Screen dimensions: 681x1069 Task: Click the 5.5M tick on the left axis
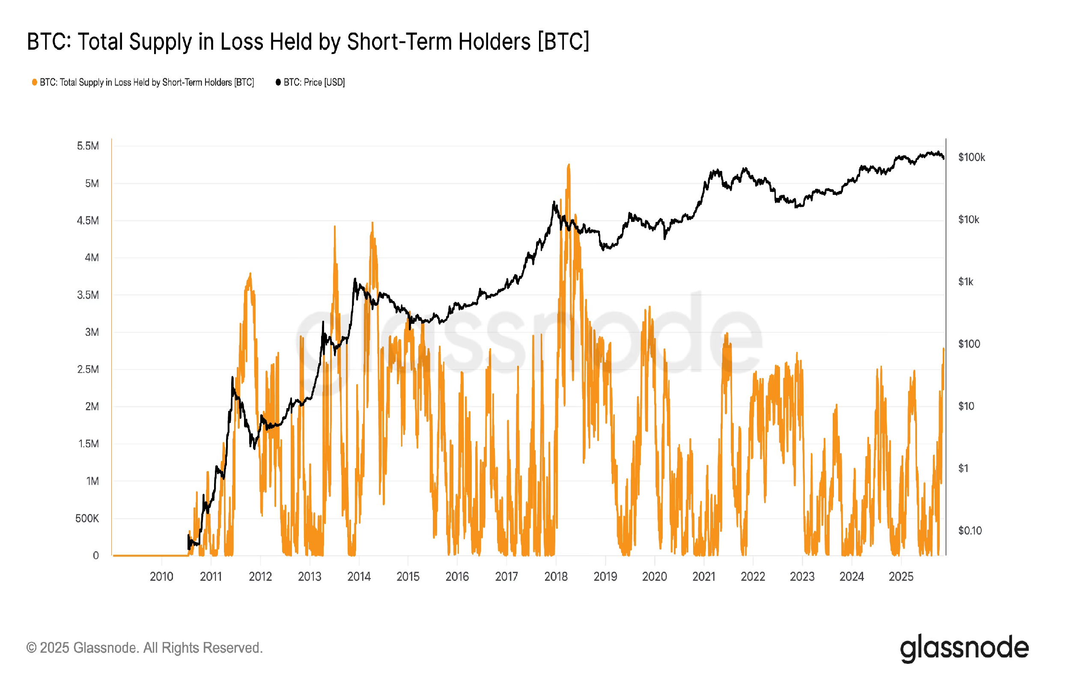tap(87, 146)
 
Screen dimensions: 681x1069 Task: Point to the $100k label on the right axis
tap(971, 157)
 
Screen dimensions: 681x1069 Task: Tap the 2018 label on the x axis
tap(556, 576)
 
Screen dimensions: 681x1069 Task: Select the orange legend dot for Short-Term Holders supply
tap(34, 82)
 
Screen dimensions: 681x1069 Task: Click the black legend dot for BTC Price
tap(278, 82)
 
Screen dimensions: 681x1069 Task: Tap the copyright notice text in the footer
tap(145, 648)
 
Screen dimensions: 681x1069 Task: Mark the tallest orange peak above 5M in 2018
tap(569, 165)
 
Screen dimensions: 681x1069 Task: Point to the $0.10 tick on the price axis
tap(970, 530)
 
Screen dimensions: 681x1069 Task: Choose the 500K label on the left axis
tap(87, 518)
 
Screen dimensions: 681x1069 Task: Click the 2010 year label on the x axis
tap(161, 576)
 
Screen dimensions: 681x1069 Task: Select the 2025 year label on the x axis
tap(901, 576)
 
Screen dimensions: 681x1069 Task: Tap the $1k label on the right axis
tap(965, 282)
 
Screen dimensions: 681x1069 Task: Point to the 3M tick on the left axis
tap(92, 332)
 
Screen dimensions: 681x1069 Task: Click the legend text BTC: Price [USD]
tap(314, 82)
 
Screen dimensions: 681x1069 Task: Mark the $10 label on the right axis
tap(966, 406)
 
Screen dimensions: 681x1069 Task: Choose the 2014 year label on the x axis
tap(359, 576)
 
